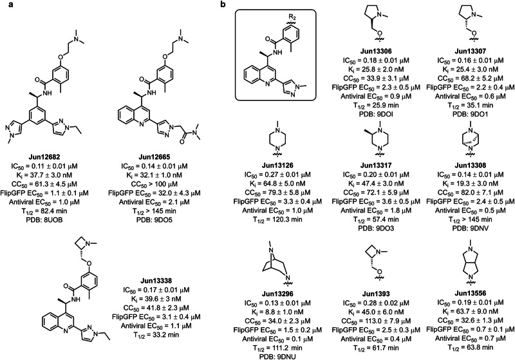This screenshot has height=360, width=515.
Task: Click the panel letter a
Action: pos(5,5)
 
